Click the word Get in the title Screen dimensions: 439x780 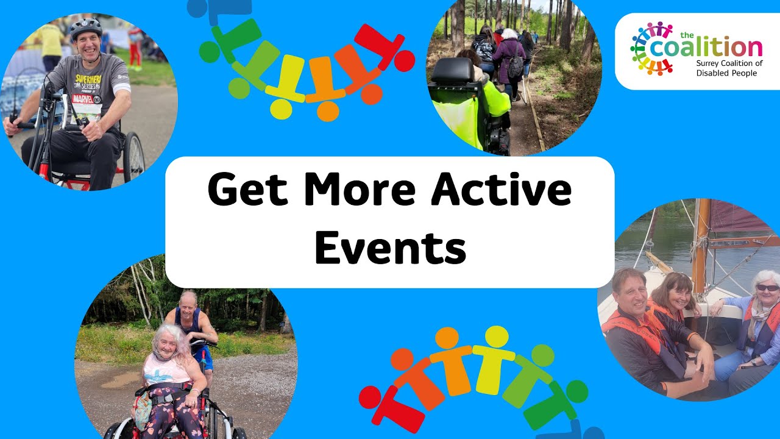(248, 190)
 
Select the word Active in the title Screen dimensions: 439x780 (501, 190)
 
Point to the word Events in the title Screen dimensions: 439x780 (390, 248)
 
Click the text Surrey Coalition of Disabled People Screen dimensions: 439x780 (729, 68)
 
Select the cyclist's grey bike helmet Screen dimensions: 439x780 (85, 28)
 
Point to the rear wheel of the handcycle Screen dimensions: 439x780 (134, 157)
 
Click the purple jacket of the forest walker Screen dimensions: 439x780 (509, 58)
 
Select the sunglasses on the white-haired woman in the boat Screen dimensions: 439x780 (767, 288)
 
